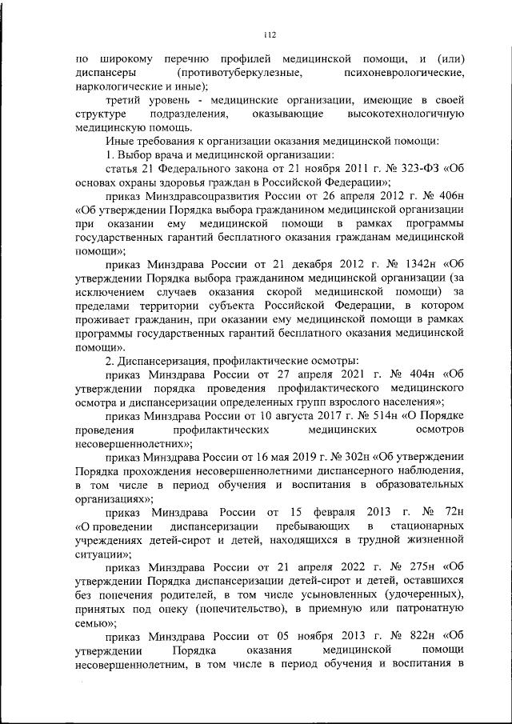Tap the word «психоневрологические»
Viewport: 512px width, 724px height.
pos(406,73)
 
